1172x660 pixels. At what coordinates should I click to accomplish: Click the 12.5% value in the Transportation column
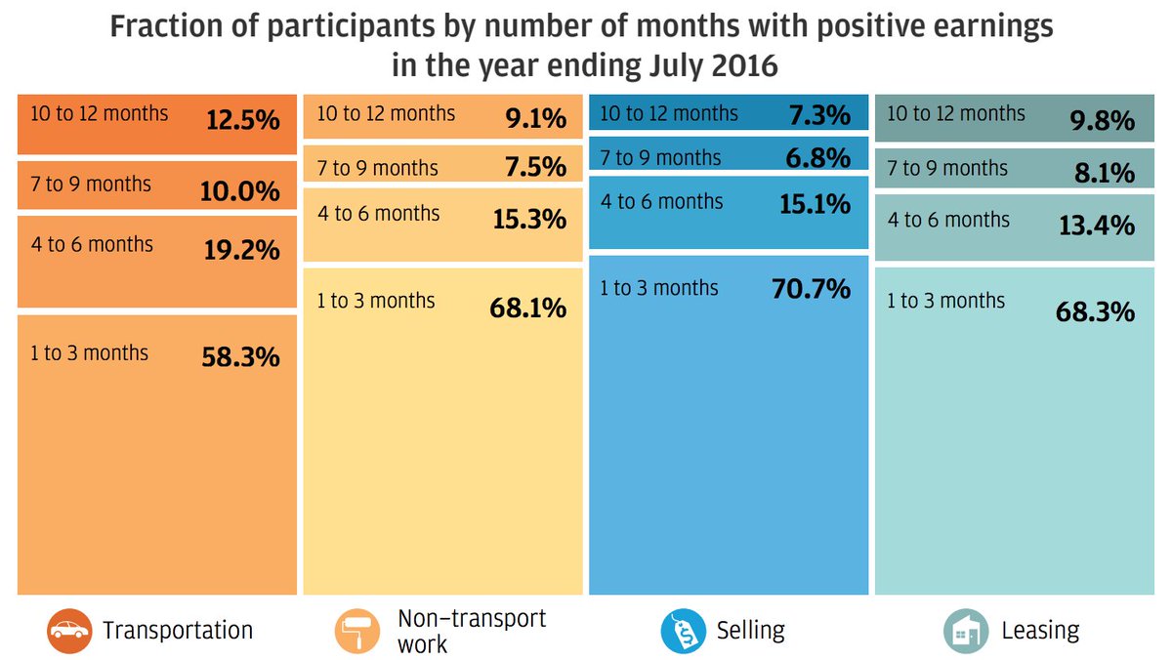click(241, 121)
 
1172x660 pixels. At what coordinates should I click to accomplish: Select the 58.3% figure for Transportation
click(241, 357)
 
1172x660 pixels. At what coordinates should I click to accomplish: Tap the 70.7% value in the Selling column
click(813, 289)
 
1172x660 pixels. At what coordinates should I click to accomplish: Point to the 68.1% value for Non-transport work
click(527, 309)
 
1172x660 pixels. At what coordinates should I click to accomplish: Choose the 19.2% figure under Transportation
click(241, 251)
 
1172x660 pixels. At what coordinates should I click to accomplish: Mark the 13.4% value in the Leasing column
click(1098, 227)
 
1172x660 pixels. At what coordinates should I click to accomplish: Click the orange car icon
click(68, 632)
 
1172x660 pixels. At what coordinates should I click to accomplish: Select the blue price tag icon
click(682, 632)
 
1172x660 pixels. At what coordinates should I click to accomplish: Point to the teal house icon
click(965, 632)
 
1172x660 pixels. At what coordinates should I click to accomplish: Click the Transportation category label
click(178, 631)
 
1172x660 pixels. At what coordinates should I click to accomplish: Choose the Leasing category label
click(1040, 631)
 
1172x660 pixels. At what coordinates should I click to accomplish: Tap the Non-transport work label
click(472, 631)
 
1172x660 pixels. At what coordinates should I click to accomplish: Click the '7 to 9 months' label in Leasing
click(946, 169)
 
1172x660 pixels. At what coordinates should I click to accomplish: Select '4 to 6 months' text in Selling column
click(661, 202)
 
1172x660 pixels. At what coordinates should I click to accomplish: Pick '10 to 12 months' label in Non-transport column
click(386, 113)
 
